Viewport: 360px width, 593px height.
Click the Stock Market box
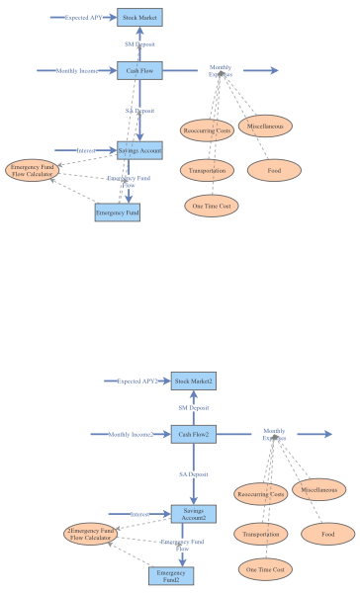139,17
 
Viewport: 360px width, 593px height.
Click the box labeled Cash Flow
139,70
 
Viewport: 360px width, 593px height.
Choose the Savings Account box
139,149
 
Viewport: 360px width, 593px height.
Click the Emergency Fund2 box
171,575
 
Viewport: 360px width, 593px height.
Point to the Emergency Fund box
118,212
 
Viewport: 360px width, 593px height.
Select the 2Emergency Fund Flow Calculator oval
89,535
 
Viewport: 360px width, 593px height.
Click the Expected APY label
83,17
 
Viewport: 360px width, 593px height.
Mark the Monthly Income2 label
131,434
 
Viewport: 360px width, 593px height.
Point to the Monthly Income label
77,70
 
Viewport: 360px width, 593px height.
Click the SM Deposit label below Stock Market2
193,407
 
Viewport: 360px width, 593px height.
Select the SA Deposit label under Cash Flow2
193,474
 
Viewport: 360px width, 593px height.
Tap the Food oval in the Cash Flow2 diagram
328,534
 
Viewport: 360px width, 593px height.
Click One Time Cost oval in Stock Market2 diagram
265,569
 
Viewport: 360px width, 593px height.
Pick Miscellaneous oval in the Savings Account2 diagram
318,490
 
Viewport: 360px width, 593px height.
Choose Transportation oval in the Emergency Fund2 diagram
262,534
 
